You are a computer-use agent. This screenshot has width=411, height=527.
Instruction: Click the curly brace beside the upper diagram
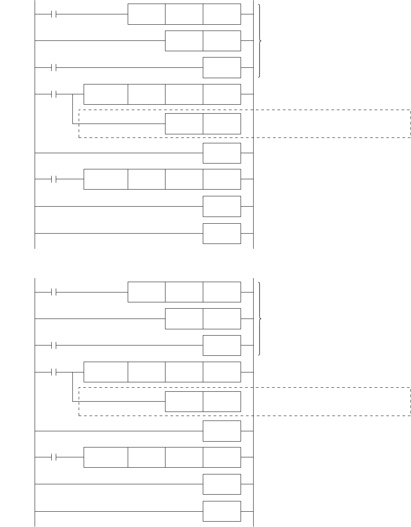[x=260, y=41]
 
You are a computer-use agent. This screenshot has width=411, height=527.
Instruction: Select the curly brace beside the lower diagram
[x=260, y=319]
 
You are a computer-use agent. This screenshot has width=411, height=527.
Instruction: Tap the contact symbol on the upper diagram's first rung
[x=54, y=14]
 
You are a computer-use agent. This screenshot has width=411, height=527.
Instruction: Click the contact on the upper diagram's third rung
[x=54, y=68]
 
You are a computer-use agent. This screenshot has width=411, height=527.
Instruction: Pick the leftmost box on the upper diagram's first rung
[x=146, y=14]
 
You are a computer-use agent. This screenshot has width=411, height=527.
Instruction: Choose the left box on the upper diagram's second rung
[x=184, y=41]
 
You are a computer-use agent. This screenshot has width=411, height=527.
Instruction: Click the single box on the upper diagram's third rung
[x=222, y=68]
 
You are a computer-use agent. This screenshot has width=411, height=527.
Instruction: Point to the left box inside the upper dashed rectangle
[x=184, y=124]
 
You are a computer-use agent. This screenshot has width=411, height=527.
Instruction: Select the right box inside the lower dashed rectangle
[x=222, y=401]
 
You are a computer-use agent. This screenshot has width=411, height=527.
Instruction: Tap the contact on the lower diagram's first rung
[x=54, y=292]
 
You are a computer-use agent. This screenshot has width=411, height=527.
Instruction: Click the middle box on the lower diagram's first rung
[x=184, y=292]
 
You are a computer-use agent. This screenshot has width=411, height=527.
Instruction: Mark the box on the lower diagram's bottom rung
[x=222, y=511]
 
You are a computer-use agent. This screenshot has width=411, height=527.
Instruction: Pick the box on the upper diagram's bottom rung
[x=222, y=233]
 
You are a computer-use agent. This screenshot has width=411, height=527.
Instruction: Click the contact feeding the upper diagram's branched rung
[x=54, y=94]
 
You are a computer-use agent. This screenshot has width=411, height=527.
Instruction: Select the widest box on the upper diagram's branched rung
[x=106, y=94]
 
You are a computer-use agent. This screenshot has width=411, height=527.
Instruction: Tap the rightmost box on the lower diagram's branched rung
[x=222, y=372]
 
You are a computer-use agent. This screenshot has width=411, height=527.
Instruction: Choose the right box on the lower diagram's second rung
[x=222, y=319]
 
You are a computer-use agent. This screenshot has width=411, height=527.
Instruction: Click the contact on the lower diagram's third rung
[x=54, y=345]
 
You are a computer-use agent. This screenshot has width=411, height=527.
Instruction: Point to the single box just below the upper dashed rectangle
[x=222, y=153]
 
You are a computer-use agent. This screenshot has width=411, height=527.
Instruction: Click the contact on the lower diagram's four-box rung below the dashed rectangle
[x=54, y=457]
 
